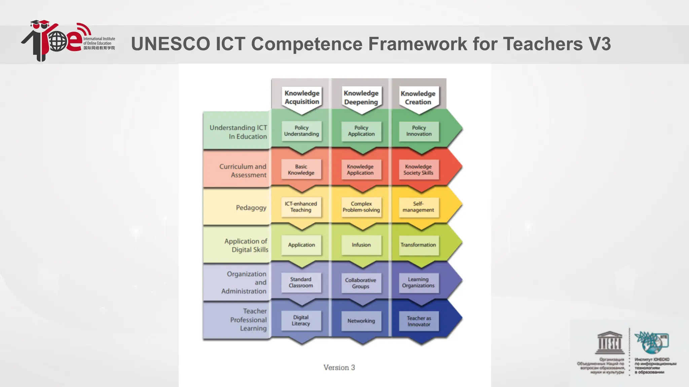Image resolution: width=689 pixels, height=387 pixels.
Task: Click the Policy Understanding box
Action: coord(301,131)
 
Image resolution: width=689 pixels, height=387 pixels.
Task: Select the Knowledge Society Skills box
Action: coord(419,170)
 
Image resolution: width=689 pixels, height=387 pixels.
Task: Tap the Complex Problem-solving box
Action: coord(361,207)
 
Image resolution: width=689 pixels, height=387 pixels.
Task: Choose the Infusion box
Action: coord(361,245)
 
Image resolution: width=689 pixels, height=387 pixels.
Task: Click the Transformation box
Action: coord(419,245)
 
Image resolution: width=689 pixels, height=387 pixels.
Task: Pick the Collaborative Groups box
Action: coord(361,283)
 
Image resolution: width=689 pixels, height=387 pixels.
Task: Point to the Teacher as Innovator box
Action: coord(419,321)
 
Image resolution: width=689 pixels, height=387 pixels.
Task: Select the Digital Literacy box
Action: coord(301,320)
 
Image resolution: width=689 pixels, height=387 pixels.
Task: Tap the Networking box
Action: coord(361,321)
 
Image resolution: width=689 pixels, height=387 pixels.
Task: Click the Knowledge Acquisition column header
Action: coord(302,97)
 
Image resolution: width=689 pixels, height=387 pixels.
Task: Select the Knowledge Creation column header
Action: coord(418,98)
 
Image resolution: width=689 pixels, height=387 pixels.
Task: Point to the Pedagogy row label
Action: coord(251,208)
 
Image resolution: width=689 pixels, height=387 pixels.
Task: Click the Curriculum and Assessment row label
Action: coord(243,171)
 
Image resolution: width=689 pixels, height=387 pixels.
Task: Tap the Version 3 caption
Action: coord(339,368)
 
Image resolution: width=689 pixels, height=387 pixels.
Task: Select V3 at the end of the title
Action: coord(600,44)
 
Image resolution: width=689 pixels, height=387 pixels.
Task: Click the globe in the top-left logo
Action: coord(58,41)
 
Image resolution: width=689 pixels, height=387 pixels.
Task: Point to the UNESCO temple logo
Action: coord(609,343)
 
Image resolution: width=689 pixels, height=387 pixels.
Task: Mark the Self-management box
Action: coord(419,207)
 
